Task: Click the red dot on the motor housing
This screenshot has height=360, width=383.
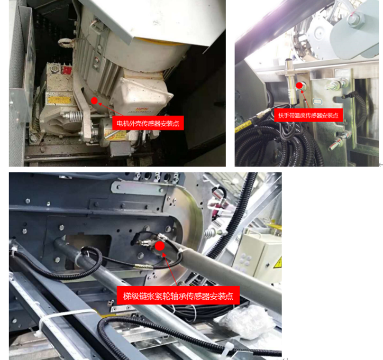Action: pyautogui.click(x=94, y=100)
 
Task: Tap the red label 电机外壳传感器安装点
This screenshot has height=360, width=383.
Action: pyautogui.click(x=148, y=123)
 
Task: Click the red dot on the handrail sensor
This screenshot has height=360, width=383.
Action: pyautogui.click(x=299, y=86)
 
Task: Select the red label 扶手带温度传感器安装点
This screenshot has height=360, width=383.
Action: pyautogui.click(x=308, y=115)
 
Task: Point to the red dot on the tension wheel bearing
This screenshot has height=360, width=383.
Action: pyautogui.click(x=160, y=246)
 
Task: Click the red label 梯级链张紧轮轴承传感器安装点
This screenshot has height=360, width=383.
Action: pyautogui.click(x=178, y=296)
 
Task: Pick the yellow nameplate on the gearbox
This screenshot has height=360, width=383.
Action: pyautogui.click(x=59, y=100)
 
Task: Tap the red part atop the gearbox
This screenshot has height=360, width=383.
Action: pyautogui.click(x=67, y=70)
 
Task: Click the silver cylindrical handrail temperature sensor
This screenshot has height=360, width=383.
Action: pyautogui.click(x=290, y=81)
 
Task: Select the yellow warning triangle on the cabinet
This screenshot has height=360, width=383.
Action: pyautogui.click(x=278, y=262)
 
